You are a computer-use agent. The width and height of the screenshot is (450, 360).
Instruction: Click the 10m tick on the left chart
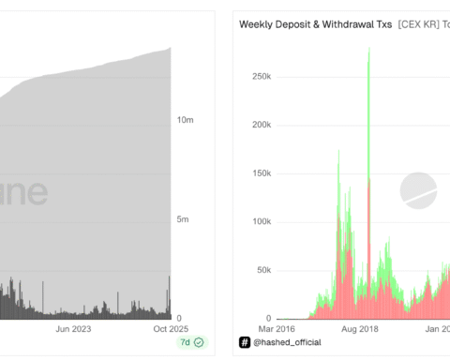(x=185, y=120)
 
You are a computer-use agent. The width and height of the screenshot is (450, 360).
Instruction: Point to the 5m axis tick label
(x=183, y=219)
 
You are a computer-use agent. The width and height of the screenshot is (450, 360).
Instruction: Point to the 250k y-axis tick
(x=260, y=75)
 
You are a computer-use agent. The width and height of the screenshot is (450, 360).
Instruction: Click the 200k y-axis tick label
(x=260, y=124)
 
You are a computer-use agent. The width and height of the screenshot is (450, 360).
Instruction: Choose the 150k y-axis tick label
(x=260, y=172)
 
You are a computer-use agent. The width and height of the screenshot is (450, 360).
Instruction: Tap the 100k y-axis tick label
(x=260, y=221)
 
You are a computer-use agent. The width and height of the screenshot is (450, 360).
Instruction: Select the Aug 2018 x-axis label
(x=359, y=329)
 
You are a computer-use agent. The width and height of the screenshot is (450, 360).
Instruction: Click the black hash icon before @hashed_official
(x=245, y=344)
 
